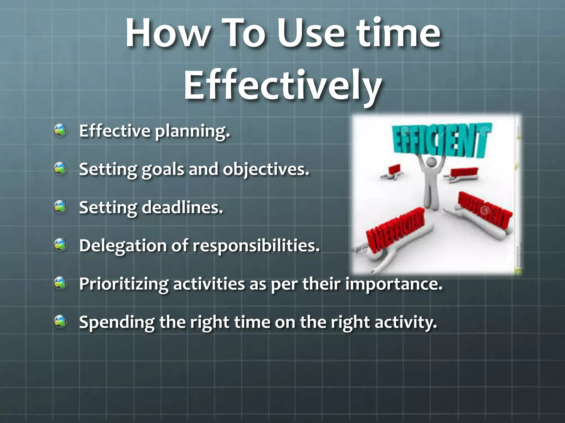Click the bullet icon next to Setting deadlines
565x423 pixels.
pyautogui.click(x=60, y=207)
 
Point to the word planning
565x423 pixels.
pyautogui.click(x=192, y=132)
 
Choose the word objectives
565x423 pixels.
pyautogui.click(x=266, y=170)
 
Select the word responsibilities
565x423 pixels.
pyautogui.click(x=256, y=246)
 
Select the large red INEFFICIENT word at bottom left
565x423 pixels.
pyautogui.click(x=395, y=231)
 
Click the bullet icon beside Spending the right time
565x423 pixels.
pyautogui.click(x=60, y=321)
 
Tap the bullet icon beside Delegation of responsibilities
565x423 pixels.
pyautogui.click(x=60, y=245)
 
